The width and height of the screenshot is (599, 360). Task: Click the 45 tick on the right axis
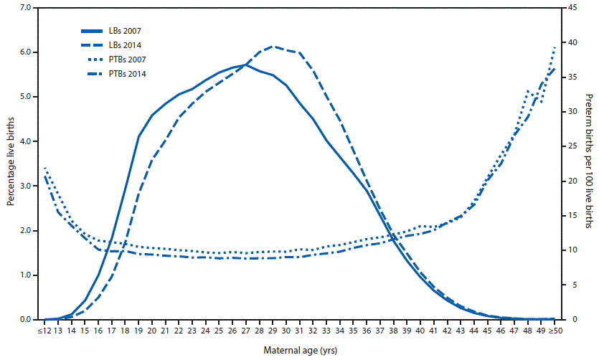pos(565,8)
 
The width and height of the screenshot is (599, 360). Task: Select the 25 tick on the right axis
pos(565,146)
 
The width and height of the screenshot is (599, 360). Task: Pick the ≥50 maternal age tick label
pos(555,331)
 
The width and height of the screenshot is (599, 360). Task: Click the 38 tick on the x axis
pos(393,331)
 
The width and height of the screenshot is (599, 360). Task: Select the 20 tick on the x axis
pos(152,331)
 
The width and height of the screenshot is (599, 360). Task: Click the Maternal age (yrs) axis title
pos(300,351)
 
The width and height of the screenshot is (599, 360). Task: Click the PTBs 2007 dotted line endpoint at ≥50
pos(555,47)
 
